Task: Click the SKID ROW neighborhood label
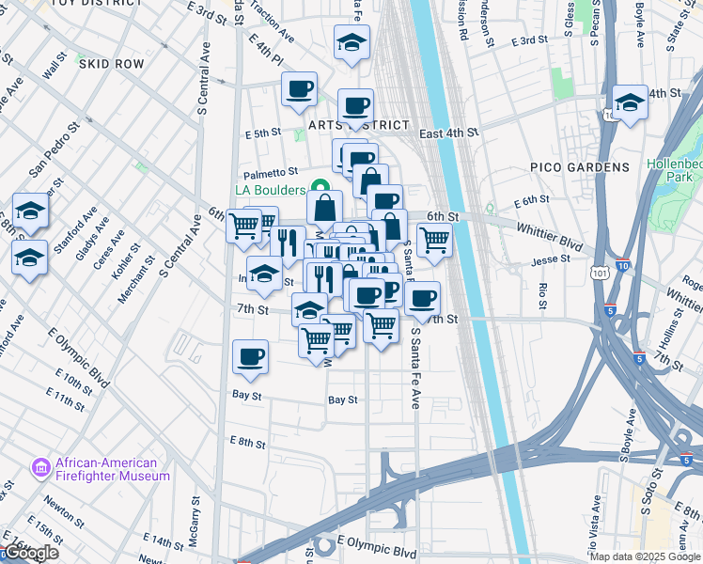(x=112, y=64)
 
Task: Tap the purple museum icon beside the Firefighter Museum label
(x=40, y=468)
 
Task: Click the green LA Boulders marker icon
(x=320, y=188)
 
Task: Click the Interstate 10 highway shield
(x=623, y=267)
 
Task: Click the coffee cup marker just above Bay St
(x=251, y=357)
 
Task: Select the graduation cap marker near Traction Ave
(x=351, y=42)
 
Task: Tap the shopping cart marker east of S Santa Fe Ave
(x=434, y=240)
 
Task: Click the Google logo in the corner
(x=31, y=553)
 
